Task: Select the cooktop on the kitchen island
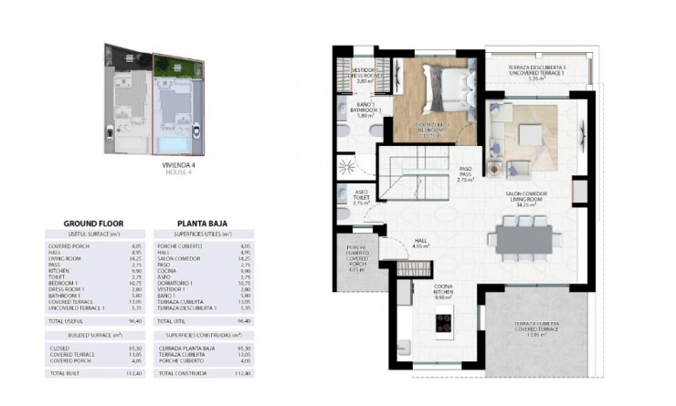[x=444, y=322]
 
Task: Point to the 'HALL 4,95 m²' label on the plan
[x=420, y=242]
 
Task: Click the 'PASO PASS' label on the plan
[x=465, y=173]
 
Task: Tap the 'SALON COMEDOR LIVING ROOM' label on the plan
[x=524, y=199]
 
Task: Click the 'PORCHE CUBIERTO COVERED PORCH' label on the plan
[x=354, y=260]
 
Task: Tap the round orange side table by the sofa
[x=494, y=170]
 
